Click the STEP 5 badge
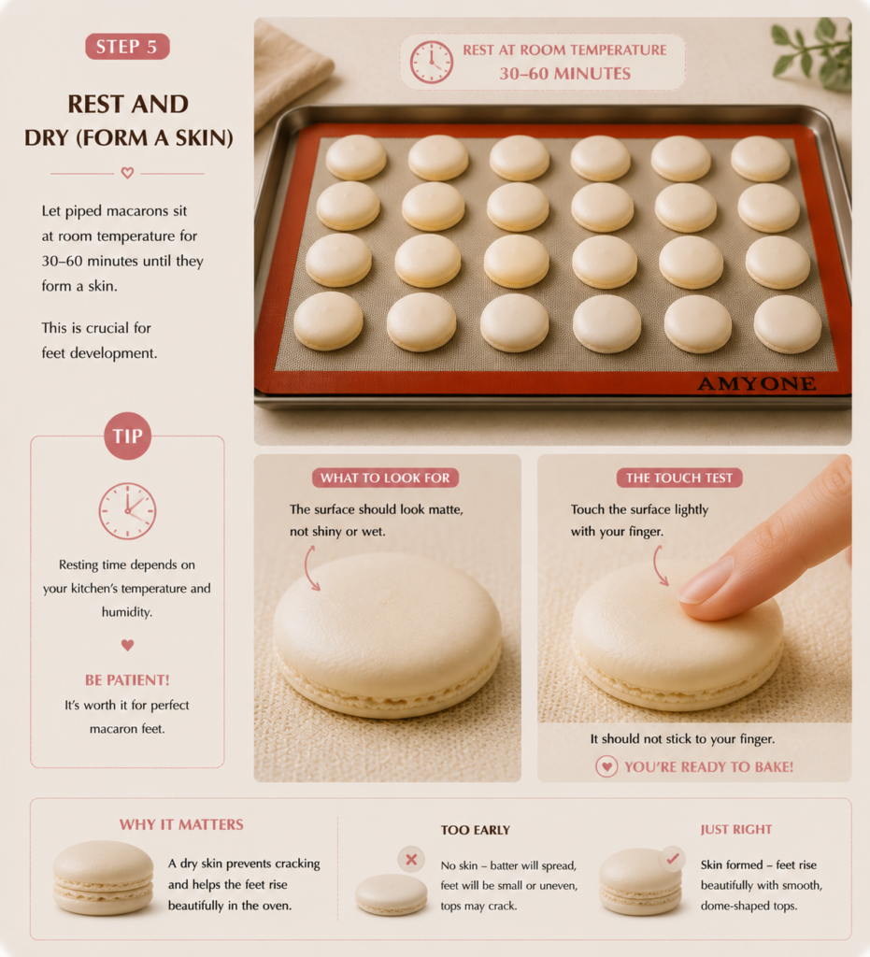click(127, 47)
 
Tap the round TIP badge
click(127, 436)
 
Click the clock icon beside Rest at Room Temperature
click(432, 63)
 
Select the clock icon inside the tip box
click(127, 511)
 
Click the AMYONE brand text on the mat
click(757, 383)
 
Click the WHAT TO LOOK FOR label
click(385, 478)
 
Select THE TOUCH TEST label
click(679, 478)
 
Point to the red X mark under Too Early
click(411, 860)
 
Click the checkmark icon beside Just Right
click(672, 859)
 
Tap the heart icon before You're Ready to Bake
click(606, 766)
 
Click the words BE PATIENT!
click(127, 680)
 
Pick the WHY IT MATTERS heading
click(181, 824)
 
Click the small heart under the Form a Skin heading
click(127, 173)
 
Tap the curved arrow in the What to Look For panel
click(311, 567)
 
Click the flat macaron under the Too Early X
click(391, 894)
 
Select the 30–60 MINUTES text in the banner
click(565, 74)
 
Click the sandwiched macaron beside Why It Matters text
click(103, 877)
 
